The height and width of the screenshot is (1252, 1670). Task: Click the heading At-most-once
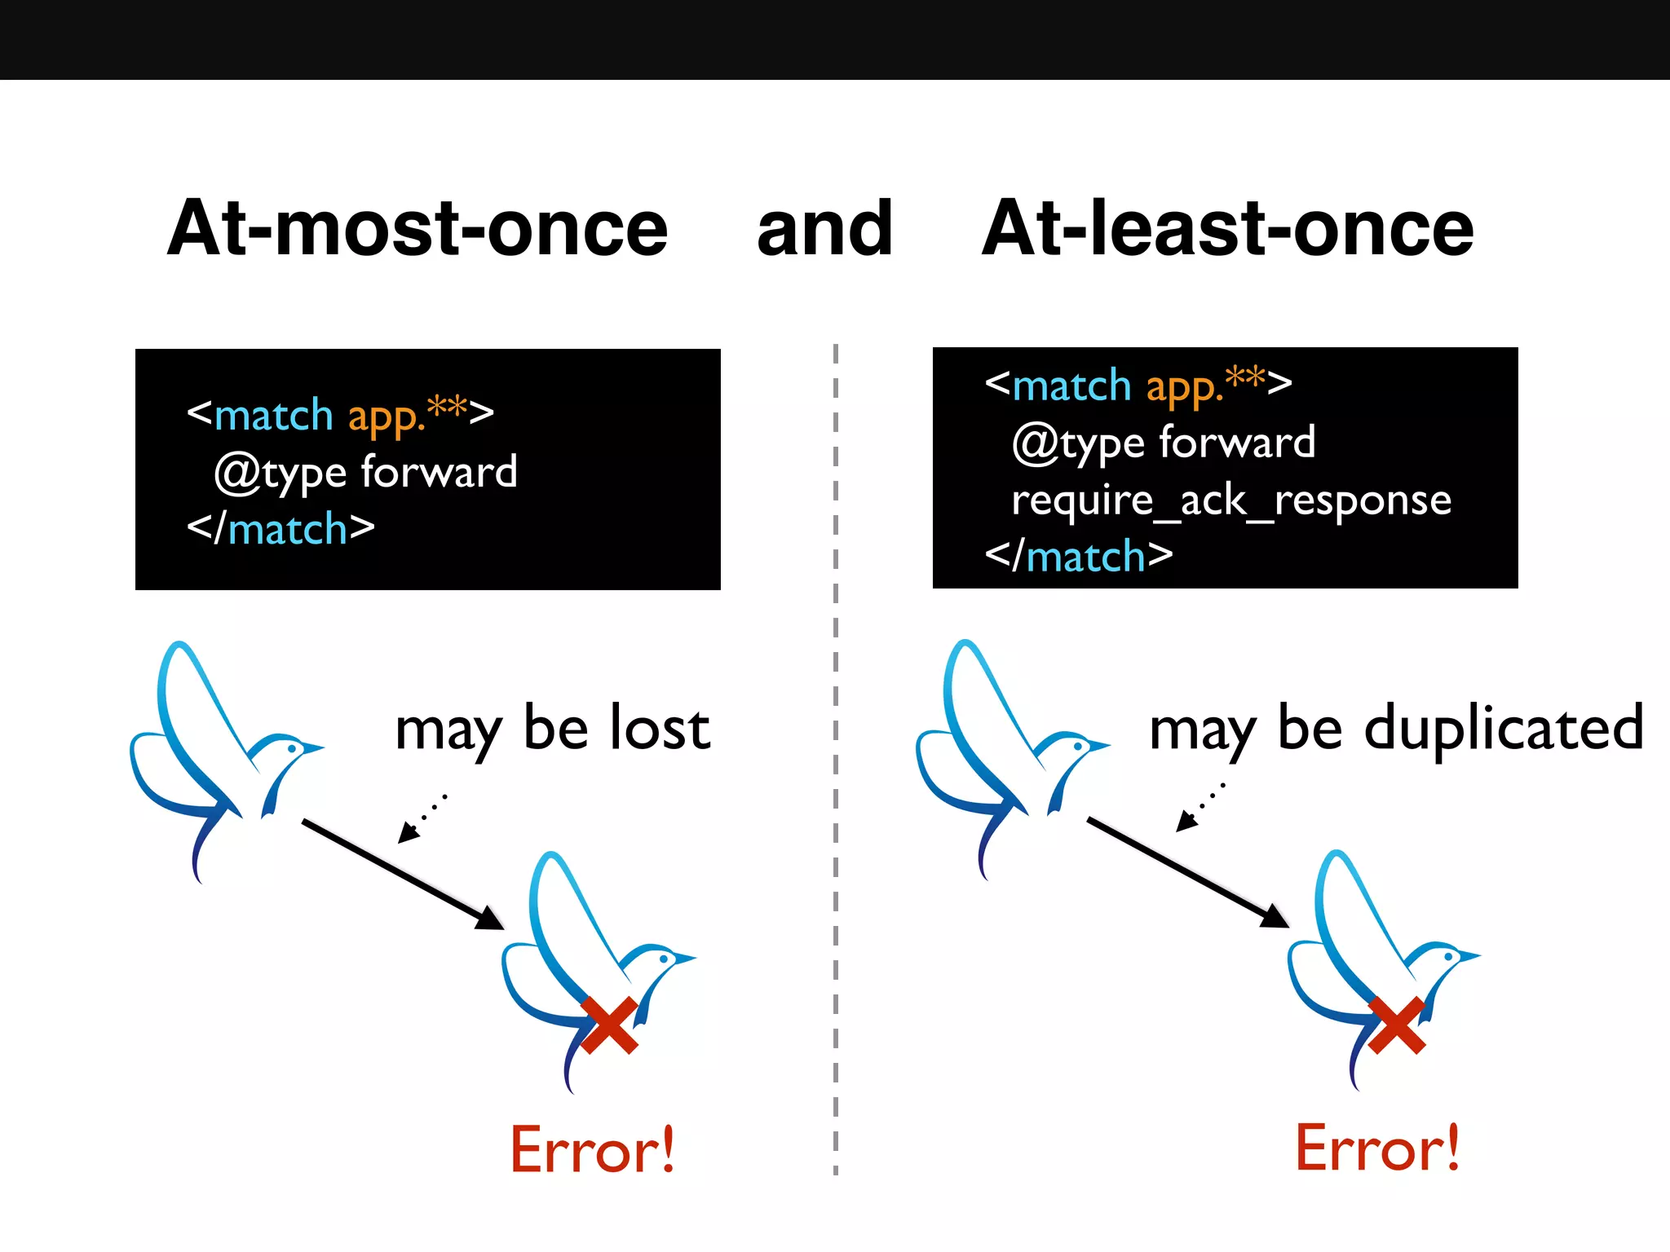417,229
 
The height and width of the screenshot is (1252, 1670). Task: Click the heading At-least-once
1227,229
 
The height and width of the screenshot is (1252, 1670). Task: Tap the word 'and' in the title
824,229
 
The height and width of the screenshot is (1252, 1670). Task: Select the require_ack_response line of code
1231,500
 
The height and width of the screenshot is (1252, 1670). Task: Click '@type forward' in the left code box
365,473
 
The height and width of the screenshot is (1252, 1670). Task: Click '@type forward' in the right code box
1164,443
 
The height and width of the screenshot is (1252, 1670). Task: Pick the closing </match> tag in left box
281,529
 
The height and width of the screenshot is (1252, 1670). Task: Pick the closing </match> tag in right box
1079,557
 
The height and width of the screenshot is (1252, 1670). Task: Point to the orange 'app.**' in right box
1205,385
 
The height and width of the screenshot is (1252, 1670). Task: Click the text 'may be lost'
552,728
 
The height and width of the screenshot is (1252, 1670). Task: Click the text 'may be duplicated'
1395,728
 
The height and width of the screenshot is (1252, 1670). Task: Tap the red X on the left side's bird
610,1025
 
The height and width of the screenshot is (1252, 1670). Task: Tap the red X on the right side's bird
1397,1025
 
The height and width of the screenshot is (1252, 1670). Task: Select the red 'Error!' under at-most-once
593,1149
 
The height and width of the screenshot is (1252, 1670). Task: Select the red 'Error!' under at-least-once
1377,1148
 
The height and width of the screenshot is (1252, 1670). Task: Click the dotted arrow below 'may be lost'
421,818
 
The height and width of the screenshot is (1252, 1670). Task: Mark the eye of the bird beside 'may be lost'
292,747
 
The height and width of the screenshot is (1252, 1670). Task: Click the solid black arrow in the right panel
1186,872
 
